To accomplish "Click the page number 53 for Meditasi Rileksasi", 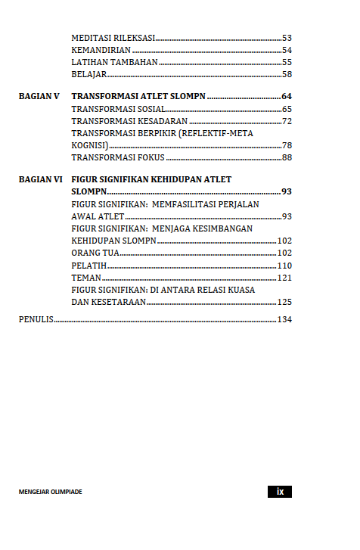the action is coord(287,38).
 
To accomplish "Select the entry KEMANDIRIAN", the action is coord(101,50).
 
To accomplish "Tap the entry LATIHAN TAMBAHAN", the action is coord(114,62).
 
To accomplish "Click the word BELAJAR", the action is coord(88,74).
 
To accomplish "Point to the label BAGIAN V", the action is coord(39,97).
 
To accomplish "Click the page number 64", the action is coord(287,97).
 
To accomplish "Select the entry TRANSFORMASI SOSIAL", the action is coord(118,109).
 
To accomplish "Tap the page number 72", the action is coord(287,121).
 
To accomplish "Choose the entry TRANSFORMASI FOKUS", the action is coord(118,157).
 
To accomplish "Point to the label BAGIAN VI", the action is coord(41,179).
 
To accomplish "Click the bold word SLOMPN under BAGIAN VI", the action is coord(88,191).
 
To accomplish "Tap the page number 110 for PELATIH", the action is coord(284,266).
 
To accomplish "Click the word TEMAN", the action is coord(85,278).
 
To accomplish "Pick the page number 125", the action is coord(284,302).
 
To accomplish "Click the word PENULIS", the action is coord(36,320).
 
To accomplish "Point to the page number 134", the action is coord(284,320).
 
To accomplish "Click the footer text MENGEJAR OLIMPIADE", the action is coord(51,492).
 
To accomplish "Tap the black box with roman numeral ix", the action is coord(280,492).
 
